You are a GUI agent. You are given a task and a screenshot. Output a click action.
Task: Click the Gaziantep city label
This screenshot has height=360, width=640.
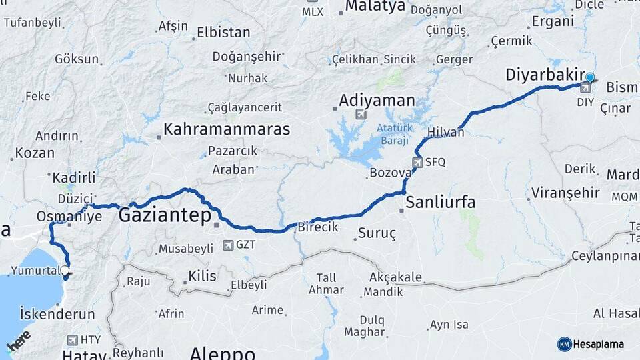[165, 215]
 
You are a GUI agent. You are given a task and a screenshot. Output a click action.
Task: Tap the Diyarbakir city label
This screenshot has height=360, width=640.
[545, 75]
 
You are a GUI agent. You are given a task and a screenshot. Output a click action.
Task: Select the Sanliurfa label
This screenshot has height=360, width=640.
[441, 202]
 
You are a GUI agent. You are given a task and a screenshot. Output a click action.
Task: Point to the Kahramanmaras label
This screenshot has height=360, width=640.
[227, 129]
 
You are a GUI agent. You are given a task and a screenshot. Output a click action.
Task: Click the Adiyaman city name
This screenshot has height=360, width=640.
[377, 101]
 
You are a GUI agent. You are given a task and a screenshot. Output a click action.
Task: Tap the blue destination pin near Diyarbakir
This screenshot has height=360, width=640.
[589, 78]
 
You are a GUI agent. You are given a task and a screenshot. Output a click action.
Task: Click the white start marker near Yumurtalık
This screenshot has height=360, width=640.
[65, 271]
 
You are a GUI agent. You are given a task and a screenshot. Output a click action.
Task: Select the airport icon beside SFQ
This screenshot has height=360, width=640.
[417, 162]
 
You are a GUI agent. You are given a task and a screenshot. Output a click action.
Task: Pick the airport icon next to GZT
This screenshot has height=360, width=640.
[229, 245]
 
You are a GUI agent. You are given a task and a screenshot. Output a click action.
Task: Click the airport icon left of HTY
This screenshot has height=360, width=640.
[72, 340]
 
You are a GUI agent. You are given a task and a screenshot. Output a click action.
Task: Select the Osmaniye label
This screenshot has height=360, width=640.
[69, 217]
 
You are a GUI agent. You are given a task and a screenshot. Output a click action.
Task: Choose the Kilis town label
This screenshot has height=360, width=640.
[202, 275]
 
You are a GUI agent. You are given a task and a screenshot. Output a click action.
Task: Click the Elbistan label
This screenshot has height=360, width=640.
[223, 33]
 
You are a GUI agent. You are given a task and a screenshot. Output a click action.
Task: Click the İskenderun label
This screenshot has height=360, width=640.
[57, 313]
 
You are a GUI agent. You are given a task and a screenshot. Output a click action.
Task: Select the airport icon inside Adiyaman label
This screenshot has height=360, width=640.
[361, 114]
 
